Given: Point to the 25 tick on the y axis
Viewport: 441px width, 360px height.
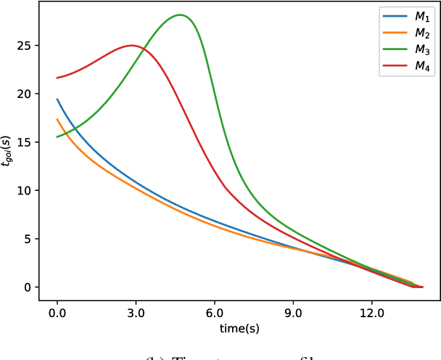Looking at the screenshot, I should pyautogui.click(x=28, y=46).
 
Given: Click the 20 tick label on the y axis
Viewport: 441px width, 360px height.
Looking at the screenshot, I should pyautogui.click(x=28, y=94).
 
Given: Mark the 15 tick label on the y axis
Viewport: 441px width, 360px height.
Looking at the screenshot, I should pyautogui.click(x=28, y=142).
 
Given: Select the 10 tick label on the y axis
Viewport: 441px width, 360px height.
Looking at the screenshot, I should pyautogui.click(x=28, y=191).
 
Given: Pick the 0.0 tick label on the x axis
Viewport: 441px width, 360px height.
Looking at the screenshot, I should pyautogui.click(x=57, y=313).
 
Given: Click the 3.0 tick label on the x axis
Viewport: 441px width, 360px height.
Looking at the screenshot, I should pyautogui.click(x=136, y=313).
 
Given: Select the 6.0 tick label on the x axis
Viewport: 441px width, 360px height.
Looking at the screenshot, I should pyautogui.click(x=215, y=313).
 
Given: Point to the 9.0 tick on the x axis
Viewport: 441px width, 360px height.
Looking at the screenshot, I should pyautogui.click(x=293, y=313).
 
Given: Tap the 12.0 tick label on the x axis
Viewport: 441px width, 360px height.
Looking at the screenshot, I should pyautogui.click(x=371, y=313).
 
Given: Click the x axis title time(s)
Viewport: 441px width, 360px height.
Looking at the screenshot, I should pyautogui.click(x=239, y=329).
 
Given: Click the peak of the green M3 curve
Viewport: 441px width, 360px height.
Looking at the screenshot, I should pyautogui.click(x=180, y=15).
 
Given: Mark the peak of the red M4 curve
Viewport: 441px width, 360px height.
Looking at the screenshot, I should pyautogui.click(x=132, y=46).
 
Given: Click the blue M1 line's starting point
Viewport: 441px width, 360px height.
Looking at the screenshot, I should pyautogui.click(x=57, y=99).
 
